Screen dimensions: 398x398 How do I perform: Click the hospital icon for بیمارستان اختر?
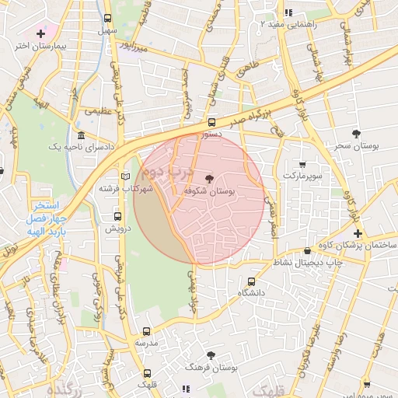(40, 33)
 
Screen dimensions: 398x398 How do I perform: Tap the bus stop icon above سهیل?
(107, 17)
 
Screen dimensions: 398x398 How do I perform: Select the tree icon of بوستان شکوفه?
(208, 178)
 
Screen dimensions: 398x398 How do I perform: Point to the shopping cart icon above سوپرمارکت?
(302, 164)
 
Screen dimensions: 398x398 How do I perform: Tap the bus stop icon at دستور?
(211, 122)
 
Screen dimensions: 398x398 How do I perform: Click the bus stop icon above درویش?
(118, 217)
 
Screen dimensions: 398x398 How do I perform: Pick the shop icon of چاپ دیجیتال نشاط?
(309, 250)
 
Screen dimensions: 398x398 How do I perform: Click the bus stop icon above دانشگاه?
(250, 281)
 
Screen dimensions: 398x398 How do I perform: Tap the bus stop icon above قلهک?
(147, 373)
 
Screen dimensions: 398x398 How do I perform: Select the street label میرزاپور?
(130, 46)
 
